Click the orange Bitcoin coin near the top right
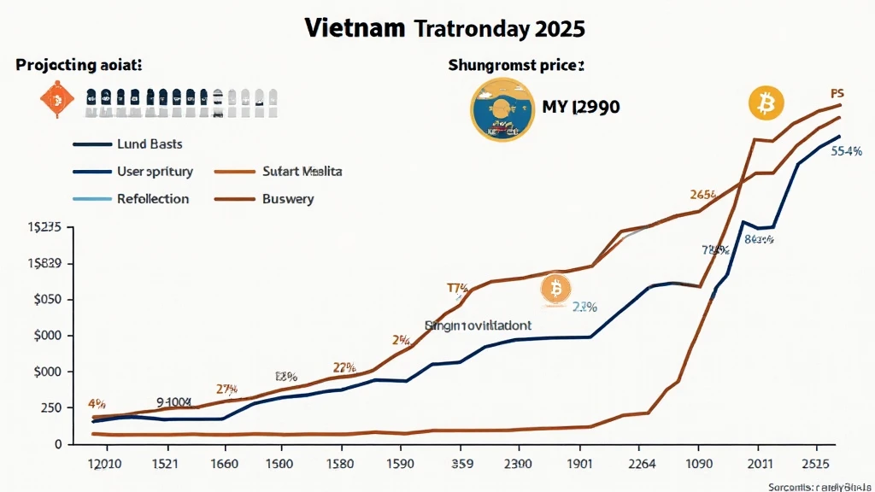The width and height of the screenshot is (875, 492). tap(766, 103)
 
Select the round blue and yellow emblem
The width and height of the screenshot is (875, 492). tap(502, 110)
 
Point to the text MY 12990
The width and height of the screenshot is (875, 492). tap(581, 108)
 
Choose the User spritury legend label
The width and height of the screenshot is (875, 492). tap(156, 172)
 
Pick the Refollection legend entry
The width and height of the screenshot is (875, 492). tap(154, 199)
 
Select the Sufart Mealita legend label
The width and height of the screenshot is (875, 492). tap(303, 172)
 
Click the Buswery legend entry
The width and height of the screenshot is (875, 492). tap(289, 199)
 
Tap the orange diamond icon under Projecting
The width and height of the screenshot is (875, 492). tap(53, 102)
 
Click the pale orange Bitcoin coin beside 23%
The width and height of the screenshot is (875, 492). tap(555, 291)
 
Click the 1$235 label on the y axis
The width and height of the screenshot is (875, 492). tap(44, 228)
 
